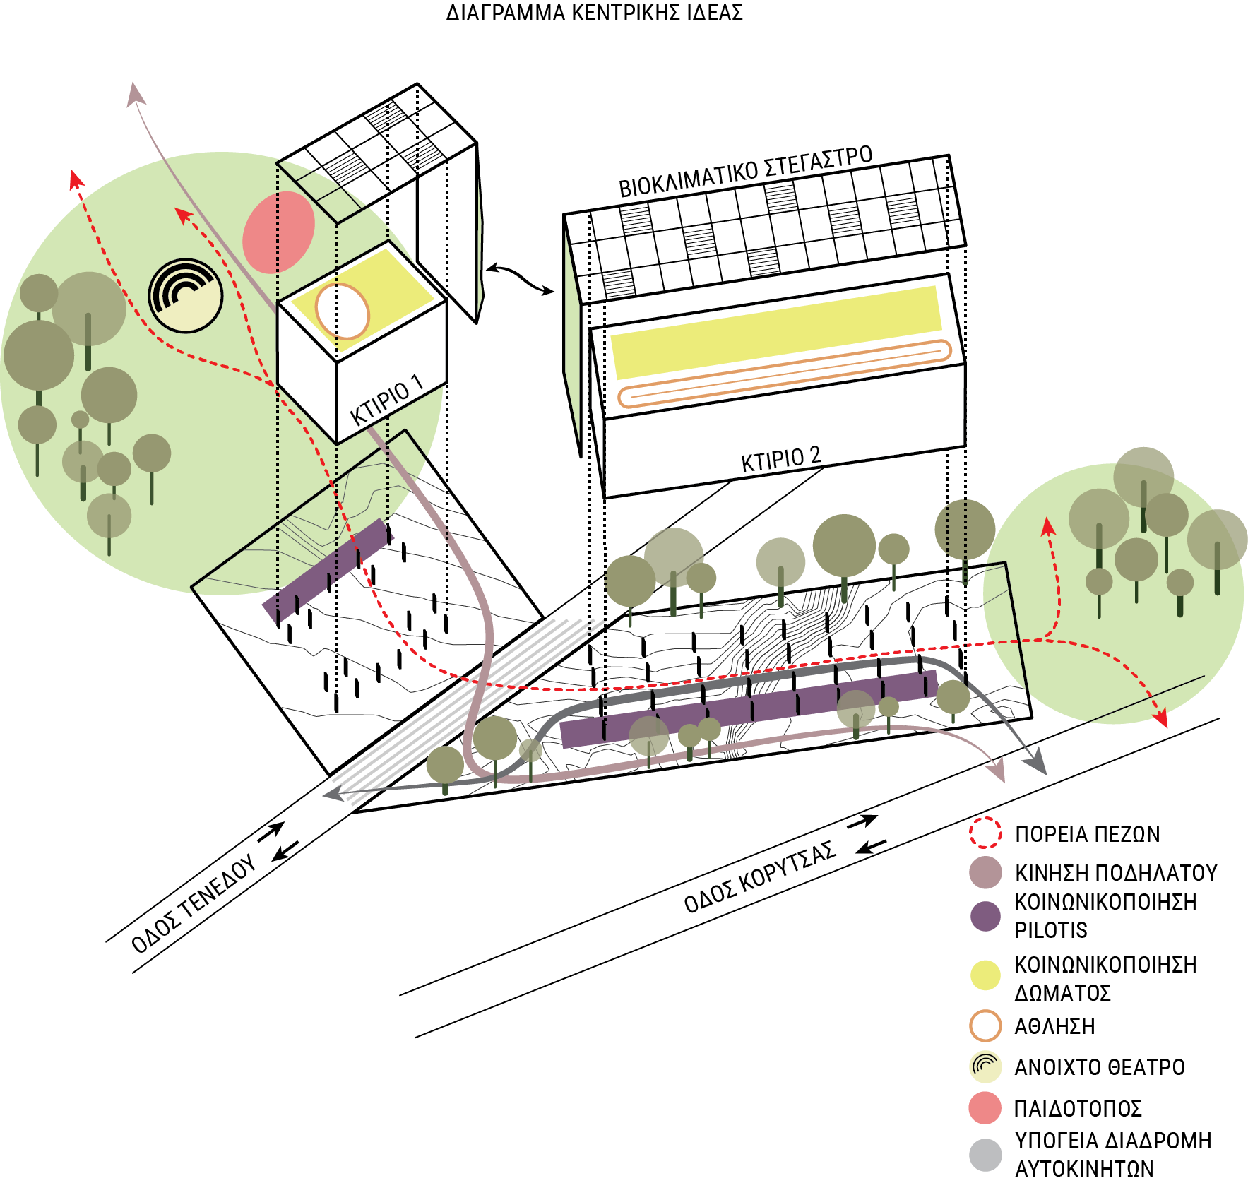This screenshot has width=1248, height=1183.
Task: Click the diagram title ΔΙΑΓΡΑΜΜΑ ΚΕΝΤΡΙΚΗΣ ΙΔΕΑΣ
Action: pos(594,13)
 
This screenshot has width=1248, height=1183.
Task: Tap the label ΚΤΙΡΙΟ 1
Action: pos(386,403)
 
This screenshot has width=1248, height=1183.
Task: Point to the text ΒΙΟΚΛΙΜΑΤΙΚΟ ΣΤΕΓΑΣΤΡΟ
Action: pos(745,172)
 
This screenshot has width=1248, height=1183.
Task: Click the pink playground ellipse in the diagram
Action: pos(278,232)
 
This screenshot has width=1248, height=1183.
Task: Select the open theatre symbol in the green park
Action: pos(185,295)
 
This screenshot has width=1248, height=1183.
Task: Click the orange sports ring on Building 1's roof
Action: pos(342,311)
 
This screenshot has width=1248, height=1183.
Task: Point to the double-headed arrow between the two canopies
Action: pos(521,278)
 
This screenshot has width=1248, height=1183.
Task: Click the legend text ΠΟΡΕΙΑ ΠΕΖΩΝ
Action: pos(1087,834)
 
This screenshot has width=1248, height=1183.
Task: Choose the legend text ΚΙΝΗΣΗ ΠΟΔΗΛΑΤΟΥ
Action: pos(1116,873)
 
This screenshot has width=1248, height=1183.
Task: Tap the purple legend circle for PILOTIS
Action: pos(985,916)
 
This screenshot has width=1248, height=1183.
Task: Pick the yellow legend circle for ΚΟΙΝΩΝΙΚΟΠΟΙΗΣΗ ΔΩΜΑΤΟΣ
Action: pos(985,975)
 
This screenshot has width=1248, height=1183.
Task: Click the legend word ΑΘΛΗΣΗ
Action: pos(1054,1026)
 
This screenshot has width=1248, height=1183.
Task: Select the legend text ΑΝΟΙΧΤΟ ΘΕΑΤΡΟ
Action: pos(1099,1066)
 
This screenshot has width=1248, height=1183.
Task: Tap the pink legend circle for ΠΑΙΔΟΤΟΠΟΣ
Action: pos(985,1107)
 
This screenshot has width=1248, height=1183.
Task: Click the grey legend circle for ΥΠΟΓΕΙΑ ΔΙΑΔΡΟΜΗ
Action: pos(985,1155)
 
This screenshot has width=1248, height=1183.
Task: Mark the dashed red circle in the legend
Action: pos(985,833)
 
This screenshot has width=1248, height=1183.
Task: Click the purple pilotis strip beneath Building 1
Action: pos(327,571)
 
